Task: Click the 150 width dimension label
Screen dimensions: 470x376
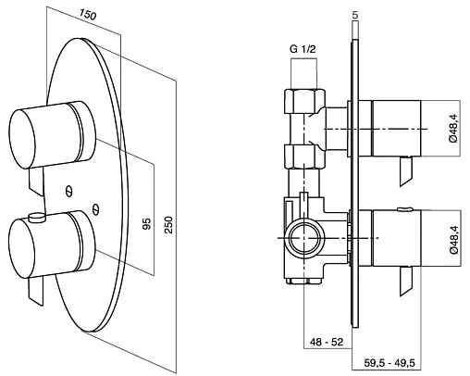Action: (x=88, y=14)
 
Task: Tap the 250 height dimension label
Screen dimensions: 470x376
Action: (x=168, y=225)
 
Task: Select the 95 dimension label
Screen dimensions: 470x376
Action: (x=147, y=224)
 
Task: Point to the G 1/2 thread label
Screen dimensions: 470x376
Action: (x=303, y=49)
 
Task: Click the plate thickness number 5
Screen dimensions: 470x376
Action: (x=355, y=16)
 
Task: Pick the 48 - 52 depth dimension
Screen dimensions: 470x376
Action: (x=327, y=342)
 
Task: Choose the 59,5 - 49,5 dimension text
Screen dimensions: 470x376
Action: (x=390, y=363)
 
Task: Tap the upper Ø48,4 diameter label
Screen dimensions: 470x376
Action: (x=453, y=128)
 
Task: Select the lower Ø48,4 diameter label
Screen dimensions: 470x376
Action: (x=453, y=240)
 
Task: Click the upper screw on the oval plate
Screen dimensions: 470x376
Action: (x=69, y=191)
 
